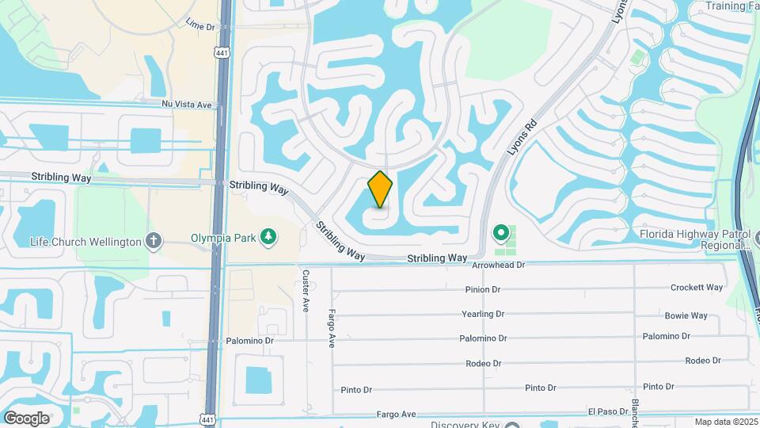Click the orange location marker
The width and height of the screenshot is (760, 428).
click(x=380, y=189)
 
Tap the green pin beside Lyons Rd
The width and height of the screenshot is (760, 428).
click(x=500, y=233)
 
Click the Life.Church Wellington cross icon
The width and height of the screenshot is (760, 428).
click(x=154, y=241)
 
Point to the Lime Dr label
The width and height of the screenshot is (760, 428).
click(x=199, y=27)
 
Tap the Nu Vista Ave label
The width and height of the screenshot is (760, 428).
click(x=187, y=104)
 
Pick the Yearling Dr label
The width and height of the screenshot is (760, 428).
click(x=483, y=314)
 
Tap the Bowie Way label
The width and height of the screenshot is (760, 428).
click(x=686, y=315)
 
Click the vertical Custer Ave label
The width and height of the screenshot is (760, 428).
click(x=305, y=290)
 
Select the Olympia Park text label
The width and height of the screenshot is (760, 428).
click(x=225, y=237)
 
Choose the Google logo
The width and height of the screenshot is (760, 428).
click(x=26, y=418)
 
